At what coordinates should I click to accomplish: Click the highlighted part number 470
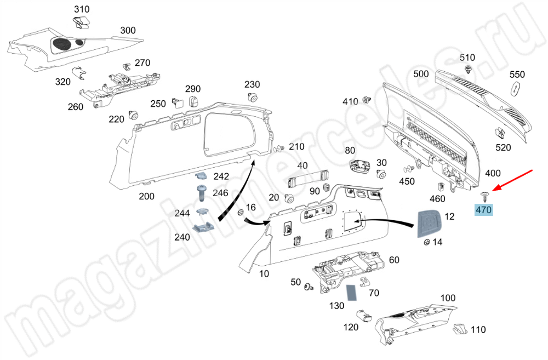coord(484,210)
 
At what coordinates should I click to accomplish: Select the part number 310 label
coord(82,10)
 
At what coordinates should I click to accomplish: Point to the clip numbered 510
coord(467,69)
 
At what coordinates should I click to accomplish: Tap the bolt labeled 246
coord(201,192)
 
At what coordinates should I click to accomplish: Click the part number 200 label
coord(146,196)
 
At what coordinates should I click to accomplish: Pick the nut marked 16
coord(241,213)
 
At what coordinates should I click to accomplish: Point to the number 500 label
coord(421,74)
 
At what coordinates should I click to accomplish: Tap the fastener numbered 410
coord(367,101)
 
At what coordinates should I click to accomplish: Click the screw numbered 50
coord(309,286)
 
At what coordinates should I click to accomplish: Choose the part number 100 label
coord(448,298)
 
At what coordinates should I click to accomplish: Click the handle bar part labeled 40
coord(306,178)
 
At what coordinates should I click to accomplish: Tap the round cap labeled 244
coord(202,213)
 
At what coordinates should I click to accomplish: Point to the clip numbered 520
coord(500,133)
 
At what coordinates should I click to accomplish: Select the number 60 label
coord(394,260)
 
